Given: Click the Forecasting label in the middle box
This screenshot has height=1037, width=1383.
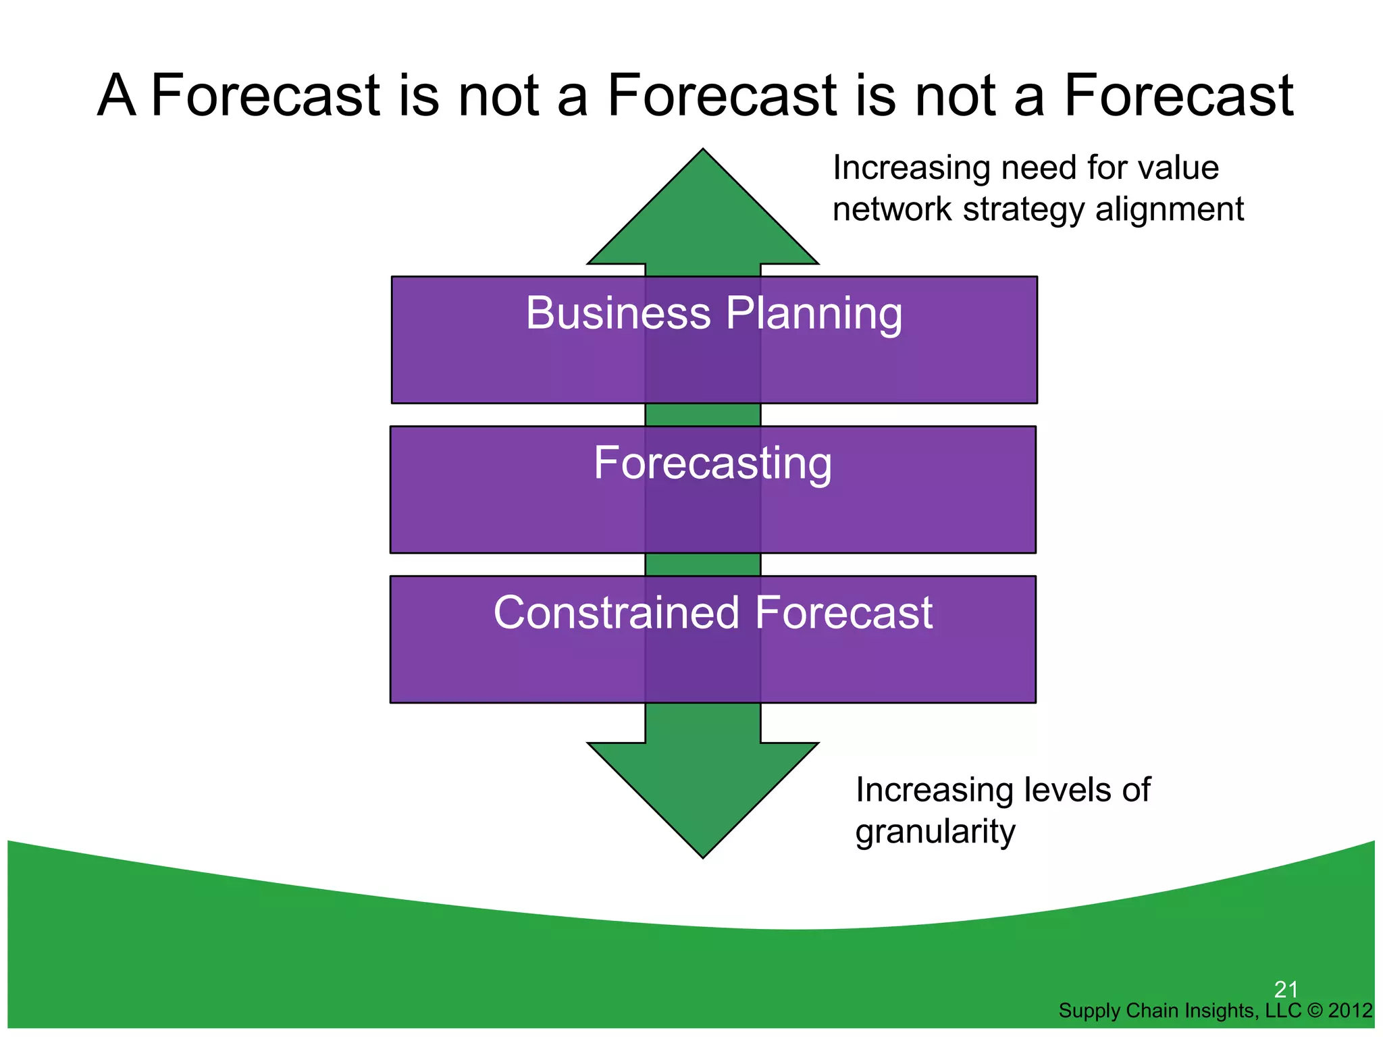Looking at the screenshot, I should coord(712,464).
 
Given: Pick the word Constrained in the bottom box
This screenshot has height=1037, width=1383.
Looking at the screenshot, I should coord(617,613).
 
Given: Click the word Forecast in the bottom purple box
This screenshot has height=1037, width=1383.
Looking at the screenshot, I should coord(843,613).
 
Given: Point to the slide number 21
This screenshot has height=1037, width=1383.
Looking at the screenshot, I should coord(1286,990).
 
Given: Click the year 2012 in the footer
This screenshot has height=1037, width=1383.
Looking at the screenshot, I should coord(1350,1011).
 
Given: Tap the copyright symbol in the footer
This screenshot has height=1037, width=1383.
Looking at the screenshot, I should coord(1314,1011).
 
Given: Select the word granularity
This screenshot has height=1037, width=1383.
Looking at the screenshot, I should coord(935,832).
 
